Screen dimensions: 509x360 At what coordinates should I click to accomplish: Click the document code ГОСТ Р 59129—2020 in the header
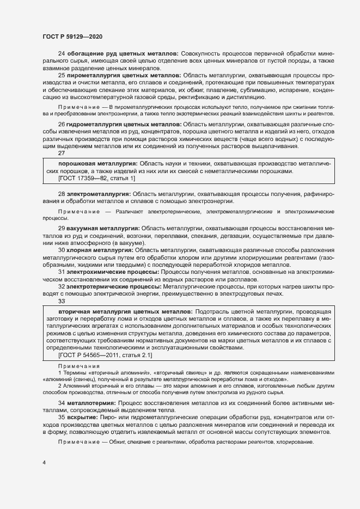point(72,36)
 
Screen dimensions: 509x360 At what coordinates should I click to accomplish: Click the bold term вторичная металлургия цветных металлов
point(125,311)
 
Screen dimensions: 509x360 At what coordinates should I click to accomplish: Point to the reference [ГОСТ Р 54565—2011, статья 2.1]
point(105,354)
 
